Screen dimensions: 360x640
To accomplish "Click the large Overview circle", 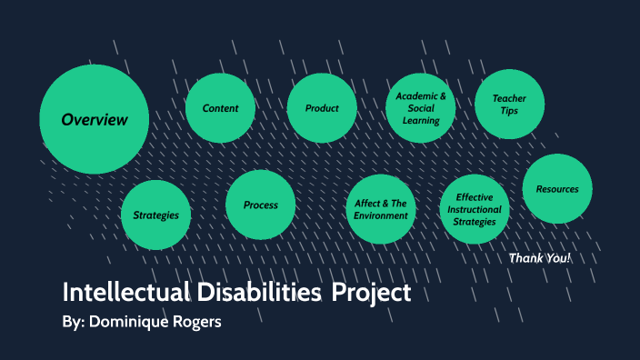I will pyautogui.click(x=94, y=119).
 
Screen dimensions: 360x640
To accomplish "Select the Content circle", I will pyautogui.click(x=220, y=108).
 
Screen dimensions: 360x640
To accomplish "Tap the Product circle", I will pyautogui.click(x=322, y=108).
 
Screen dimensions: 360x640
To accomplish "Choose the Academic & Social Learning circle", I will pyautogui.click(x=420, y=108).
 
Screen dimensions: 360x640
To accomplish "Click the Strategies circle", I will pyautogui.click(x=155, y=215).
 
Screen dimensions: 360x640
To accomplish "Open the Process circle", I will pyautogui.click(x=261, y=205).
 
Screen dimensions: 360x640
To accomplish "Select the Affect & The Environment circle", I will pyautogui.click(x=381, y=210).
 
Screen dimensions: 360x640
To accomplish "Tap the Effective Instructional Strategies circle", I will pyautogui.click(x=475, y=209).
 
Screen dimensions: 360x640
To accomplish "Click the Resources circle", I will pyautogui.click(x=557, y=189).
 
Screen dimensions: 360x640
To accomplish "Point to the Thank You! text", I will pyautogui.click(x=540, y=258).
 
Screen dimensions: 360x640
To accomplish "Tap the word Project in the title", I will pyautogui.click(x=371, y=294).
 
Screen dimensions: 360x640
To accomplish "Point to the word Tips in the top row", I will pyautogui.click(x=510, y=111).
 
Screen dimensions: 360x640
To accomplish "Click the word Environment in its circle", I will pyautogui.click(x=381, y=216).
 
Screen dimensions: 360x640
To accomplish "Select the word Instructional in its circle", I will pyautogui.click(x=475, y=209).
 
